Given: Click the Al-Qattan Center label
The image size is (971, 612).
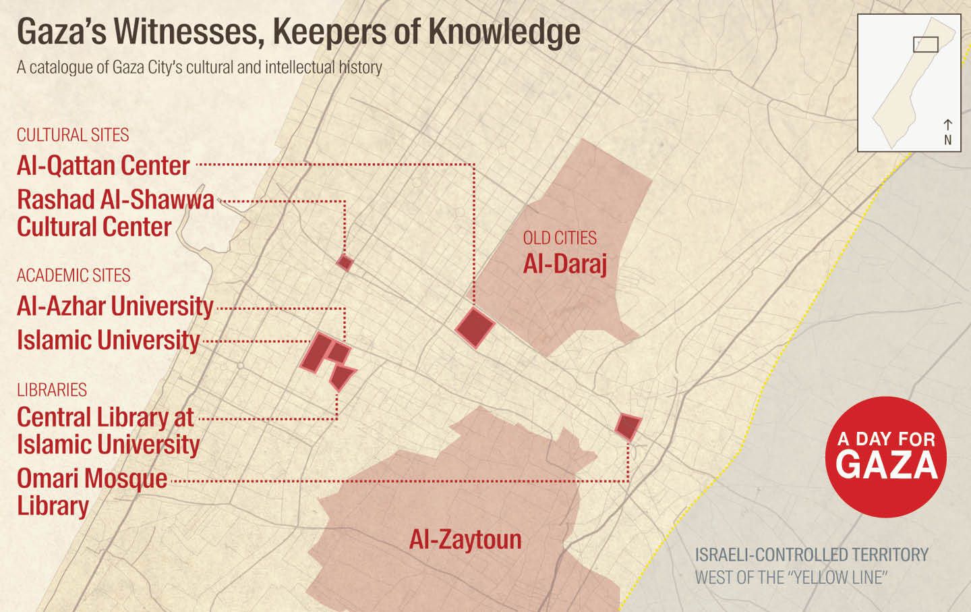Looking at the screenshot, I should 103,165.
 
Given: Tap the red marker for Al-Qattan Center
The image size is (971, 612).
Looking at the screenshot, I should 475,327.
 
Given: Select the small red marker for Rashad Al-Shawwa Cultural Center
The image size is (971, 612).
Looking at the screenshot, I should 345,262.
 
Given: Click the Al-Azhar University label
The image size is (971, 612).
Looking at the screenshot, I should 115,306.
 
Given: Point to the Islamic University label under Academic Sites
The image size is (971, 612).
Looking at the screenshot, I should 109,339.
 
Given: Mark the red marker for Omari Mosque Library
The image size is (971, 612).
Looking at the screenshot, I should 628,426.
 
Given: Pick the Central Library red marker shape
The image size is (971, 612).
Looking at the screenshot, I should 343,377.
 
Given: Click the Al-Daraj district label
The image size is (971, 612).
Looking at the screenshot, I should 565,265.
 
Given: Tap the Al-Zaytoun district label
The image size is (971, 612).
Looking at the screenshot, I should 465,539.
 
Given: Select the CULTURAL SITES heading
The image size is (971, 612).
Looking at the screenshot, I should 73,135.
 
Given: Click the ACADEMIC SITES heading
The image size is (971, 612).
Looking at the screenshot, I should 73,275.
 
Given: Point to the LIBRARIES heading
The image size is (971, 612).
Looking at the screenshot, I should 52,390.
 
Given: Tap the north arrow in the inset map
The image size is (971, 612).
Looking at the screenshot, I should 947,125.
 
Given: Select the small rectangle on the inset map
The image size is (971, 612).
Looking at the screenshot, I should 925,44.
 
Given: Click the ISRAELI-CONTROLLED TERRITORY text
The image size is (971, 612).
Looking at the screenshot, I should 811,555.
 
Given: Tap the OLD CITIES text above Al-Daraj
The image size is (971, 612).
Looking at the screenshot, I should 560,238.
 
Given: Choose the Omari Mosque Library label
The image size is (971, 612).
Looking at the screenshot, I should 92,491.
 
